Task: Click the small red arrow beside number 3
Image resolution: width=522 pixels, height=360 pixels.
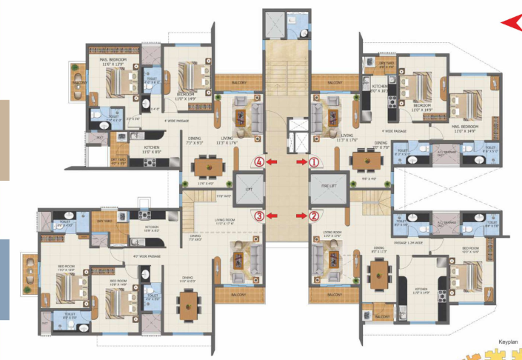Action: [x=272, y=216]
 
